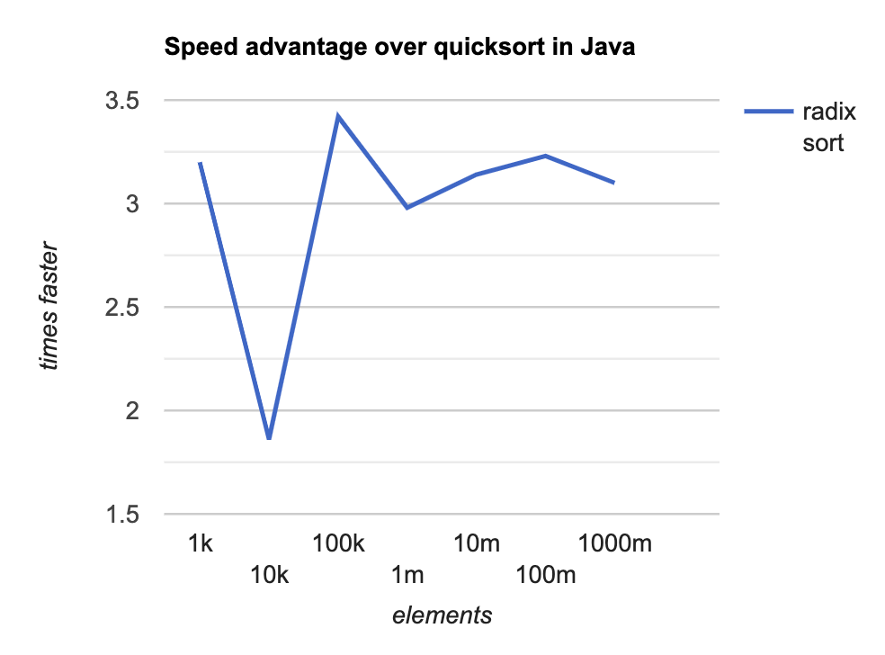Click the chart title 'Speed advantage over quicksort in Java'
[x=399, y=49]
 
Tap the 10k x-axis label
[x=269, y=574]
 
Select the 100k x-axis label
[x=338, y=543]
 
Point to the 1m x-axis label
[x=407, y=574]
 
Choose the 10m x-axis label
[x=476, y=543]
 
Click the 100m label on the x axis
[x=545, y=574]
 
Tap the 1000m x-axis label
[x=614, y=543]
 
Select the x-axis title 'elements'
[x=442, y=615]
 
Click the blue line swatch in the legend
[x=766, y=112]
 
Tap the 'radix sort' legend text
[x=827, y=127]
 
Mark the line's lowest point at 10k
[x=269, y=438]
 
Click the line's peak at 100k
[x=338, y=116]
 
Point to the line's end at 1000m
[x=613, y=183]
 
